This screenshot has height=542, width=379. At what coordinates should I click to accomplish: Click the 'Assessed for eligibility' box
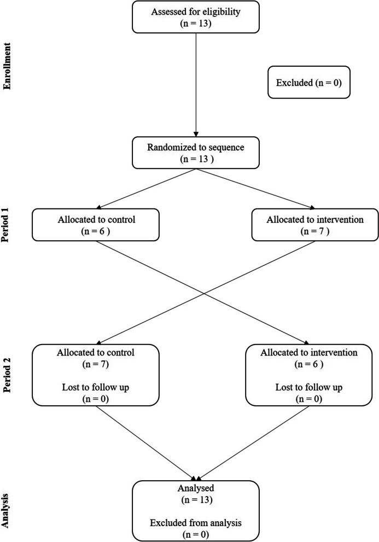(195, 18)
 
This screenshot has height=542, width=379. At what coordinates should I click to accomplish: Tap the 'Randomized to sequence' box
(195, 153)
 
